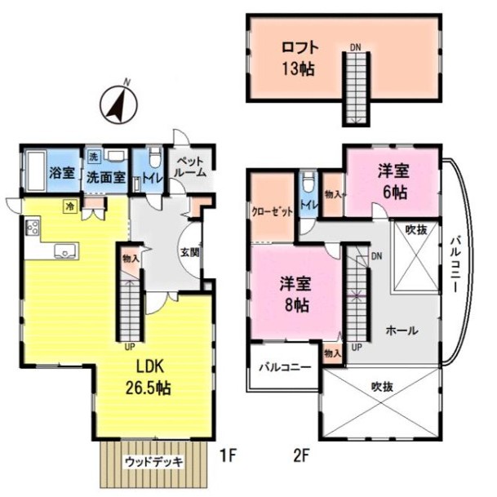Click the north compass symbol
click(119, 104)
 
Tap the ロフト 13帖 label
click(300, 59)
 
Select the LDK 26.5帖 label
click(149, 377)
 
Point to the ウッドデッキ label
click(154, 462)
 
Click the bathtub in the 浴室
click(35, 171)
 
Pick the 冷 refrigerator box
click(69, 206)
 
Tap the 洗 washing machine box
click(93, 157)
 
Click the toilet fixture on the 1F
click(155, 157)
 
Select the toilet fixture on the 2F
click(308, 182)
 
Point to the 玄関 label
click(190, 253)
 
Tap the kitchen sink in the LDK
click(65, 251)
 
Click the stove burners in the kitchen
click(33, 226)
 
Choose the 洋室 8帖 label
click(295, 295)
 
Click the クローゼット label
click(273, 211)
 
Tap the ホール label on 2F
click(402, 331)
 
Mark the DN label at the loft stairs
click(356, 47)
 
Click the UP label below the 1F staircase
click(130, 347)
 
